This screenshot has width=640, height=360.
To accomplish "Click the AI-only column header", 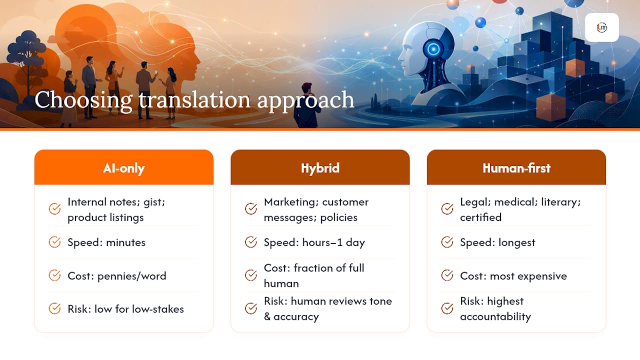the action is [123, 168].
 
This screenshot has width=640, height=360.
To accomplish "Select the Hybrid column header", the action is [320, 168].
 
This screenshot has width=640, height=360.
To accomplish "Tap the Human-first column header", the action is [516, 168].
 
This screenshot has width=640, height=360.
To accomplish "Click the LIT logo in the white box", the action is [601, 27].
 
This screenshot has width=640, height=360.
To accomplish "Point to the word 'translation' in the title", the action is [194, 100].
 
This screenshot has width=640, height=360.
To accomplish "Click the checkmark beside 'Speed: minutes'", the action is [54, 242].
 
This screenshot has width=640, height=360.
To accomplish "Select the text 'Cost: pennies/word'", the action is [117, 276].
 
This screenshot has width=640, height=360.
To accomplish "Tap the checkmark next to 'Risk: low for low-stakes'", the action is [54, 308].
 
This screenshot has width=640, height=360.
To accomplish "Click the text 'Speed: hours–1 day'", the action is [314, 242].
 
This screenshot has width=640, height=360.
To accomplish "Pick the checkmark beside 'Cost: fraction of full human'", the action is [251, 275].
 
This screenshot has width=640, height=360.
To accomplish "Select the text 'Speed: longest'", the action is [497, 242].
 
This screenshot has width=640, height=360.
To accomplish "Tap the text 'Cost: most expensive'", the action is [513, 276].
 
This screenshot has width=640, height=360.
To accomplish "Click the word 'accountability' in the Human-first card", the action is [495, 316].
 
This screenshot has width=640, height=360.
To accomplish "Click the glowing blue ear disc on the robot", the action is [433, 49].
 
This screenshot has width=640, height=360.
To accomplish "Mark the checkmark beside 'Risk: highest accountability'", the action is [447, 308].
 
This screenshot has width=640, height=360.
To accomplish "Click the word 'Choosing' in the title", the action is [83, 100].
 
